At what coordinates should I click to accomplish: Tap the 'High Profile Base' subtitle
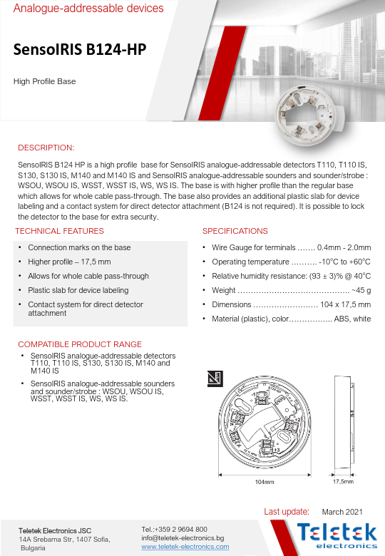pyautogui.click(x=45, y=81)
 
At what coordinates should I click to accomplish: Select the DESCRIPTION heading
pyautogui.click(x=46, y=148)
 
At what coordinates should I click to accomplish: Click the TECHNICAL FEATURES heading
pyautogui.click(x=59, y=231)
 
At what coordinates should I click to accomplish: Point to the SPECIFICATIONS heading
pyautogui.click(x=235, y=231)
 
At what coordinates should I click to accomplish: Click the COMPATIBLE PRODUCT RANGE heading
pyautogui.click(x=80, y=344)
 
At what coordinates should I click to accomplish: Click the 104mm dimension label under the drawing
pyautogui.click(x=265, y=482)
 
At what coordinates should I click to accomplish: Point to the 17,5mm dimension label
pyautogui.click(x=344, y=482)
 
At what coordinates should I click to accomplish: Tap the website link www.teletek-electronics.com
pyautogui.click(x=185, y=547)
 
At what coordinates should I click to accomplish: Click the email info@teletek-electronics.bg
pyautogui.click(x=183, y=537)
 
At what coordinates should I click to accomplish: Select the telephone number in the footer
pyautogui.click(x=175, y=529)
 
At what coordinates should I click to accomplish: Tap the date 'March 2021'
pyautogui.click(x=342, y=512)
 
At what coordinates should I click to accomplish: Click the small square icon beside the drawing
pyautogui.click(x=212, y=378)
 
